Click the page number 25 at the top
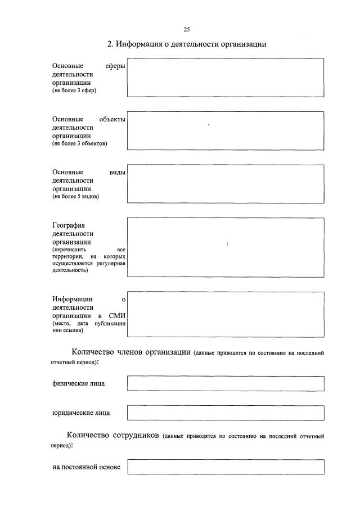tap(186, 29)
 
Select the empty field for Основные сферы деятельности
tap(225, 78)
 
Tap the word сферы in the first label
tap(115, 66)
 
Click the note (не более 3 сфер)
tap(74, 91)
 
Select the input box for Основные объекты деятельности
tap(225, 130)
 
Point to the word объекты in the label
tap(112, 119)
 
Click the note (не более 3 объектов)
tap(79, 144)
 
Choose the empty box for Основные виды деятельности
tap(225, 184)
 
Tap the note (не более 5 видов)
tap(76, 197)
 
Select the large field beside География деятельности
tap(225, 247)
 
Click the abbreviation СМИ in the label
tap(116, 316)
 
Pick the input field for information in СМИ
tap(225, 314)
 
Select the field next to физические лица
tap(225, 383)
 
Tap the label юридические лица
tap(81, 413)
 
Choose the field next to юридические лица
tap(225, 413)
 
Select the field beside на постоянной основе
tap(225, 467)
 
